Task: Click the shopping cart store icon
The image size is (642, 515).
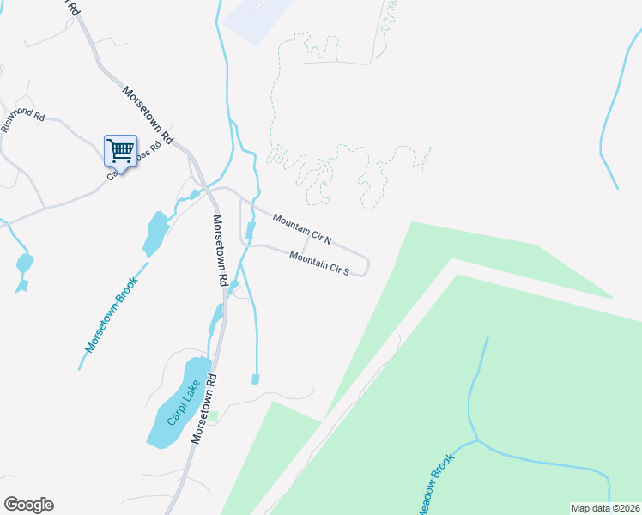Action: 120,152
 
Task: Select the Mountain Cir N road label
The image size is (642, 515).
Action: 301,227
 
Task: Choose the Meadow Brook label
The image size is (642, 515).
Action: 435,485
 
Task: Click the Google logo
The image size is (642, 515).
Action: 28,505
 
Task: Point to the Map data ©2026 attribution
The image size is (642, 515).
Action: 605,508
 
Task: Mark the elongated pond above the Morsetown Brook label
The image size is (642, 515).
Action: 156,233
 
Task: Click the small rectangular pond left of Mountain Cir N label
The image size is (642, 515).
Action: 251,231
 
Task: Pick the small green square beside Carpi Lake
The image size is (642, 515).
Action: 215,417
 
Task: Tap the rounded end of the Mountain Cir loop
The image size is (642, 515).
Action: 366,266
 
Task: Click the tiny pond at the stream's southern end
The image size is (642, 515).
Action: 255,379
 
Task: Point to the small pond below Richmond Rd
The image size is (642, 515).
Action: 24,263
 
